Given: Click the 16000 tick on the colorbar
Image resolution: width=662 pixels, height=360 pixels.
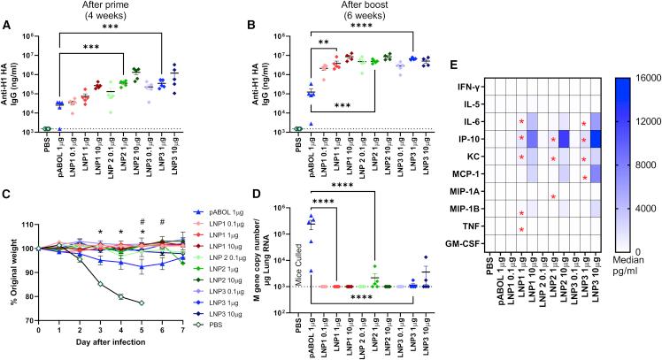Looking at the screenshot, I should [643, 78].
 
